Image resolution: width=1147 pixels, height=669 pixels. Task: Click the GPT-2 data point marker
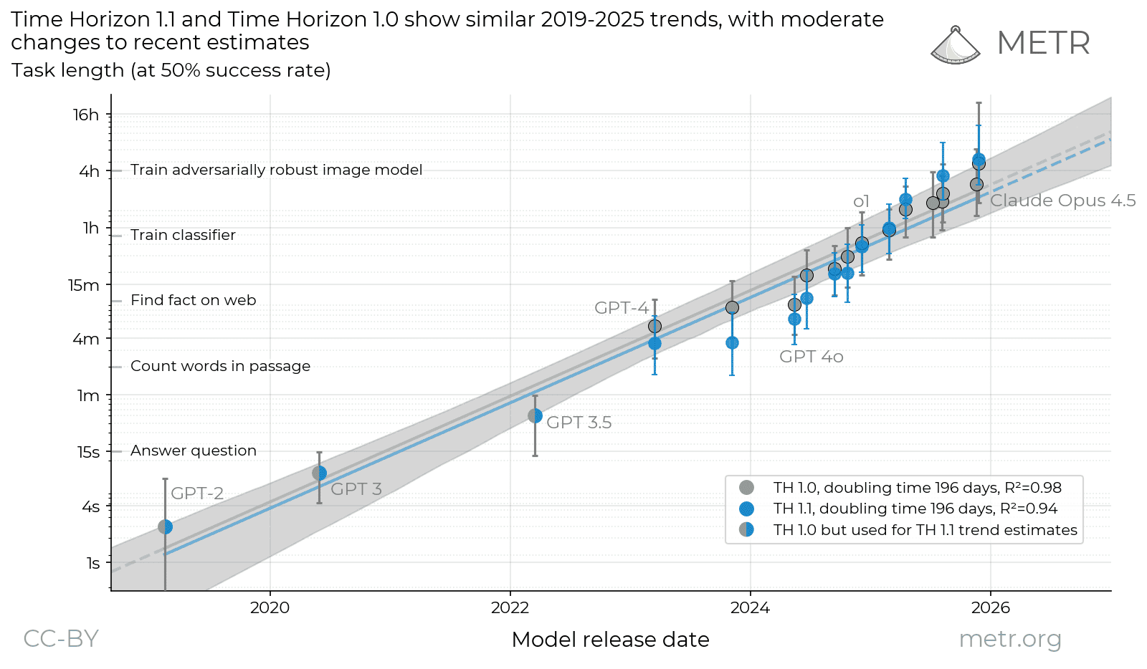[x=165, y=526]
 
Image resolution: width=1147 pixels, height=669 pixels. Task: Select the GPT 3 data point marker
[x=320, y=473]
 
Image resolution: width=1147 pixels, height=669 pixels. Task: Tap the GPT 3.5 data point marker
[x=535, y=415]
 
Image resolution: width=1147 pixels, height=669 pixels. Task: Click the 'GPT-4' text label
[x=621, y=308]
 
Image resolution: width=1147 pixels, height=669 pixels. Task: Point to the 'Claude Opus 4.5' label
[x=1062, y=201]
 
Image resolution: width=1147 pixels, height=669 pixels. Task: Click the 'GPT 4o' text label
[x=811, y=357]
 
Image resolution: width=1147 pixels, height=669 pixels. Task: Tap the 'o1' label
[x=861, y=202]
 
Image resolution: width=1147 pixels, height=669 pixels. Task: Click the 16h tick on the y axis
[x=86, y=115]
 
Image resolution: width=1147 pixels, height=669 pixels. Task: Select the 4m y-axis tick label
[x=86, y=339]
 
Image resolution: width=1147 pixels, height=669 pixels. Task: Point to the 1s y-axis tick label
[x=93, y=563]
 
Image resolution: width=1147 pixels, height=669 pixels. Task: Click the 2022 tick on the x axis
[x=510, y=608]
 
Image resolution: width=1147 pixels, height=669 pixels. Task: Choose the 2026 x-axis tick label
[x=990, y=608]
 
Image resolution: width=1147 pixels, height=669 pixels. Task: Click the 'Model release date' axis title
[x=610, y=640]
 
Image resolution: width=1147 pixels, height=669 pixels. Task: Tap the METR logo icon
[x=955, y=46]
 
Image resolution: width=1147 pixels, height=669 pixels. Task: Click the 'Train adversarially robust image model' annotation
[x=276, y=170]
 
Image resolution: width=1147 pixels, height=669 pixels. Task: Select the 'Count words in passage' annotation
[x=220, y=366]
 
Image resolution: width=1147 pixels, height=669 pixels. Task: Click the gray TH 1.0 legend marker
[x=746, y=488]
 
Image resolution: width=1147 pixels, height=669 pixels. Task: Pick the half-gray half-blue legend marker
[x=746, y=530]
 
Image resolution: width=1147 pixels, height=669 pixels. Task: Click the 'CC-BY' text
[x=61, y=638]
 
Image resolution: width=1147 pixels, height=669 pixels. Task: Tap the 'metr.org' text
[x=1009, y=638]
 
